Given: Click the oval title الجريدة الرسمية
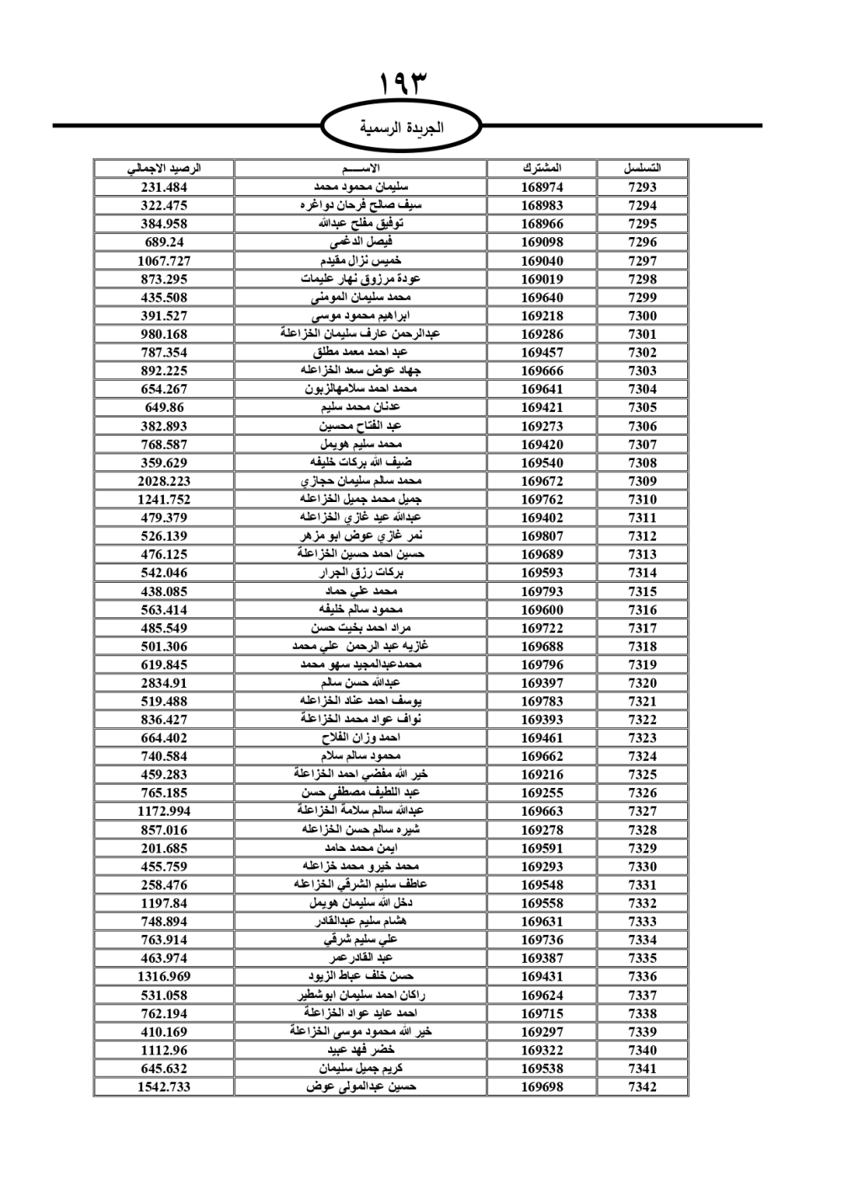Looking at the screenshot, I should [401, 128].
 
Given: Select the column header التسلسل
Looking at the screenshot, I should [642, 168].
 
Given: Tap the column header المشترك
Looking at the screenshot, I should [542, 168].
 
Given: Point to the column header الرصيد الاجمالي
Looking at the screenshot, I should [164, 168].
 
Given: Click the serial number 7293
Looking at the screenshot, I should [642, 187].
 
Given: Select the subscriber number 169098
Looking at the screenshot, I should [542, 242].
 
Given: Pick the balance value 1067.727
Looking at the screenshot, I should [164, 261].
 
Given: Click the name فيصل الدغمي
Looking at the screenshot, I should [361, 242].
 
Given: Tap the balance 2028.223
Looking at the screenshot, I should [164, 481].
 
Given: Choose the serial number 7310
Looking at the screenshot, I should [642, 499].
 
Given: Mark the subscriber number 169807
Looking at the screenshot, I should [542, 536].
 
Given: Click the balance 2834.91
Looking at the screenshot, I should [164, 683].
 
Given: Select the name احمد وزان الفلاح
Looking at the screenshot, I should [361, 737].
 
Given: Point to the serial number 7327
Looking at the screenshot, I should [642, 811].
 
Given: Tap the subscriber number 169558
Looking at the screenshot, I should [542, 903].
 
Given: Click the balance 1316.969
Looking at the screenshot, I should [164, 976].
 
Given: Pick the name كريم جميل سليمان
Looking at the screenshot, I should [361, 1068].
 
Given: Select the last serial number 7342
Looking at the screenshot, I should [642, 1086].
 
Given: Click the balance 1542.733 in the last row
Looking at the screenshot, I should [164, 1086].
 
